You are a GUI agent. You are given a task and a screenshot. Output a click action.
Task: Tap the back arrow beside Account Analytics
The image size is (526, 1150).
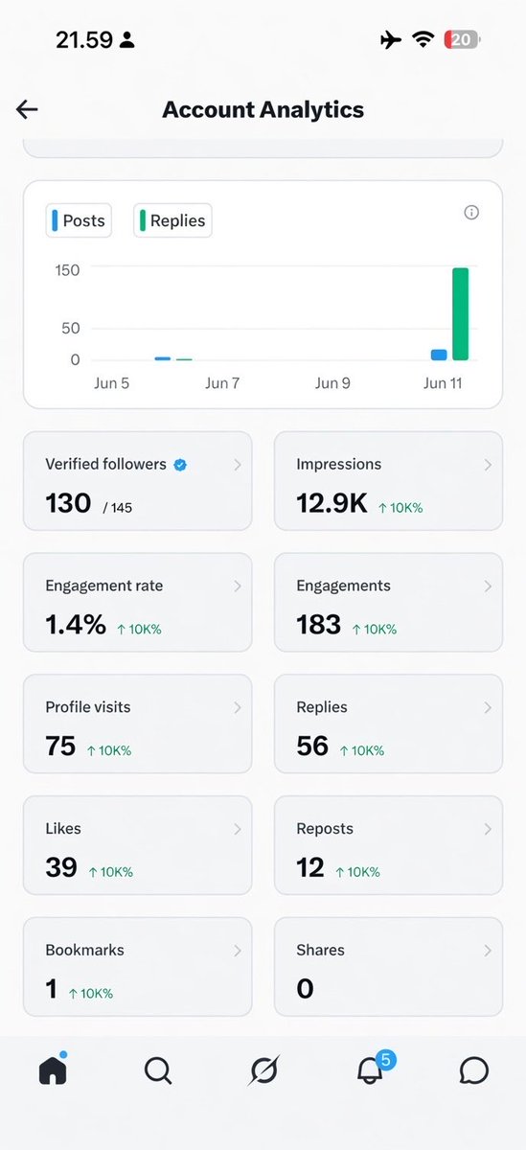coord(27,109)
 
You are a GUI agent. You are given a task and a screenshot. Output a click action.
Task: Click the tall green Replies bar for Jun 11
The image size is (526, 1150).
coord(460,313)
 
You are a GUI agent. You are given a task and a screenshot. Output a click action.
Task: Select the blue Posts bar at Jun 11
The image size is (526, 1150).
coord(439,355)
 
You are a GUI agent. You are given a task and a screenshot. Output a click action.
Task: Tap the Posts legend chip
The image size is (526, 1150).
coord(79,220)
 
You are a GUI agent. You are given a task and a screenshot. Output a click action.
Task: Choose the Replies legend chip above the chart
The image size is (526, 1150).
coord(172,220)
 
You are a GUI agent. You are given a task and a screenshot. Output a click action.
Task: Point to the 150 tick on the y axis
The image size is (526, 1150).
coord(67,270)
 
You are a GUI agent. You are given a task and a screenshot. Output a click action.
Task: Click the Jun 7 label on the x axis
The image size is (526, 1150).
coord(222,383)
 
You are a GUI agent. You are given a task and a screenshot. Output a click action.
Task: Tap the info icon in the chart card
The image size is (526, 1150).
coord(471,212)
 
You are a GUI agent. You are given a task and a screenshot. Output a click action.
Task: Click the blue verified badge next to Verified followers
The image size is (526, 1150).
coord(180,465)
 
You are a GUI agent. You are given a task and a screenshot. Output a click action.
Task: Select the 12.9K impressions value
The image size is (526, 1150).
coord(332,503)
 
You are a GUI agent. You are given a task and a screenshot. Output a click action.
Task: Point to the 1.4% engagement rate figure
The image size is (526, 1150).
coord(76,624)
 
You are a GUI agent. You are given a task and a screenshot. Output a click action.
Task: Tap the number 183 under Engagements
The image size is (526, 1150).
coord(318,624)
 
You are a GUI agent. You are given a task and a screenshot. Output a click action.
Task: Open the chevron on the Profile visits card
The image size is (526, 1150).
coord(237,707)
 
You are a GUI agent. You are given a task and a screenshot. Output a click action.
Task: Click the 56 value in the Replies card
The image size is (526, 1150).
coord(312,746)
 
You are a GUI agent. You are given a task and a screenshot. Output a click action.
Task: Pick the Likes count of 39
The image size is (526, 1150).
coord(61,867)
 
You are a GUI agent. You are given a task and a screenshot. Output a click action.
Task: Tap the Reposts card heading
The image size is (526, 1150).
coord(325,829)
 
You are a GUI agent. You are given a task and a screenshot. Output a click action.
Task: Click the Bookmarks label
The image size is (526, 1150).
coord(84,950)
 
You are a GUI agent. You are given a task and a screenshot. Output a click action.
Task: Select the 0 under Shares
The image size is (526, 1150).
coord(305,988)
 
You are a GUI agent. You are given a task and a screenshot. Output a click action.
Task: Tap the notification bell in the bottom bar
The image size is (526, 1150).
coord(371,1071)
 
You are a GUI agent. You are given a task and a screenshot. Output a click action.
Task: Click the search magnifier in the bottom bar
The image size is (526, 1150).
coord(158,1071)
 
